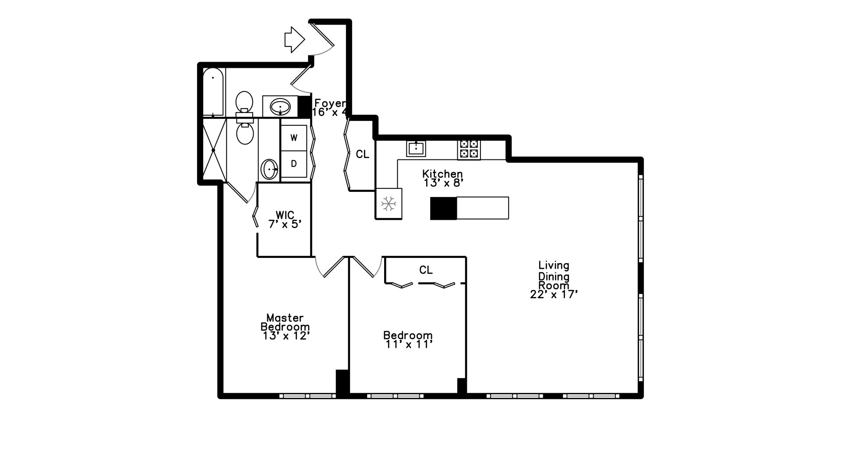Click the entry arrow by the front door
pos(294,40)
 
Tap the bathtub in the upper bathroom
pos(213,92)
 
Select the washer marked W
pos(293,138)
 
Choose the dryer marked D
pos(293,164)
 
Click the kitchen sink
pos(416,148)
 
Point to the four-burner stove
pos(469,149)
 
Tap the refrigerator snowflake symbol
pos(389,204)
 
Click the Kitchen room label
pos(442,174)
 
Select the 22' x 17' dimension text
pos(554,295)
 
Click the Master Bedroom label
pos(285,322)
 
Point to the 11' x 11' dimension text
pos(409,345)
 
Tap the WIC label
pos(285,215)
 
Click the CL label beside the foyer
pos(362,154)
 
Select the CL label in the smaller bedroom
pos(426,270)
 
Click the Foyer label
pos(330,103)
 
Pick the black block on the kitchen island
pos(443,208)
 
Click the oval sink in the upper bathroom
pos(280,106)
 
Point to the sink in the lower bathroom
pos(269,169)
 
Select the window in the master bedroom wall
pos(307,396)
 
